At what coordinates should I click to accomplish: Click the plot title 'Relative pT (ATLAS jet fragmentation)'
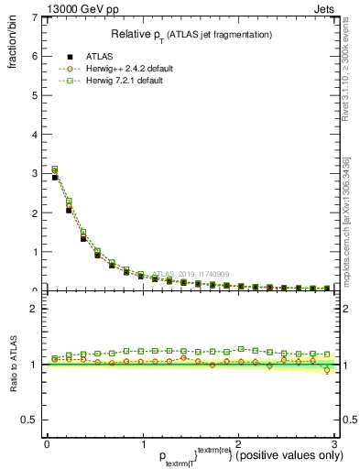coord(191,34)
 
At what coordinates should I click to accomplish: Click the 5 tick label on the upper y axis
coord(34,94)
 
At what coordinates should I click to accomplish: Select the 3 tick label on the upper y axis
coord(34,173)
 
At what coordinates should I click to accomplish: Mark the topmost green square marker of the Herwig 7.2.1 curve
coord(55,169)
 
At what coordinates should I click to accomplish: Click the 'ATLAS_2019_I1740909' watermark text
coord(193,274)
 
